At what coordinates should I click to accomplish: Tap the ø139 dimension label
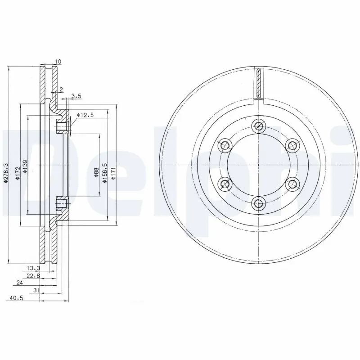25,166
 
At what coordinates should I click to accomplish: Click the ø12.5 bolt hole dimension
85,115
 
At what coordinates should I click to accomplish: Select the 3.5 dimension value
76,96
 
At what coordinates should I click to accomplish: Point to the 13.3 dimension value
31,268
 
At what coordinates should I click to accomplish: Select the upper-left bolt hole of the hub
224,146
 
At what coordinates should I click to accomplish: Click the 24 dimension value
19,283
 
